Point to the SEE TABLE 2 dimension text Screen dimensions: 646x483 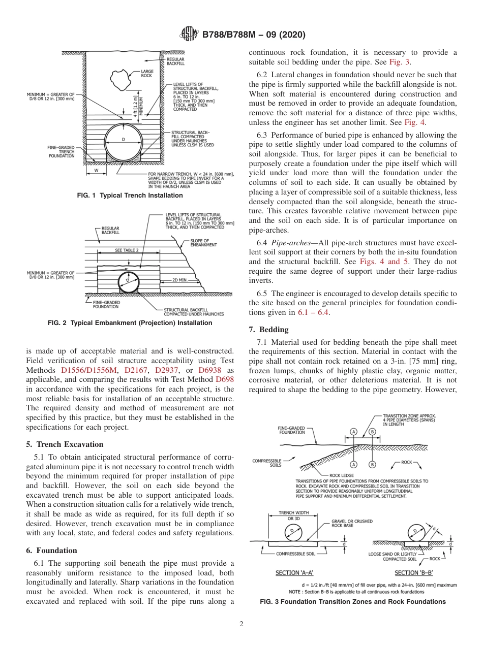pyautogui.click(x=127, y=250)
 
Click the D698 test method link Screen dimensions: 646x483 pyautogui.click(x=225, y=379)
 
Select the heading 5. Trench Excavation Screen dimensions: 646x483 pyautogui.click(x=65, y=444)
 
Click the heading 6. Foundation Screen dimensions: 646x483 pyautogui.click(x=51, y=550)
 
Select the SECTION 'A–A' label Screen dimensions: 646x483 pyautogui.click(x=294, y=573)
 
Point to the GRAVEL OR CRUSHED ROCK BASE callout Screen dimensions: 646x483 pyautogui.click(x=352, y=524)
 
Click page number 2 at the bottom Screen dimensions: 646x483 pyautogui.click(x=241, y=624)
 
